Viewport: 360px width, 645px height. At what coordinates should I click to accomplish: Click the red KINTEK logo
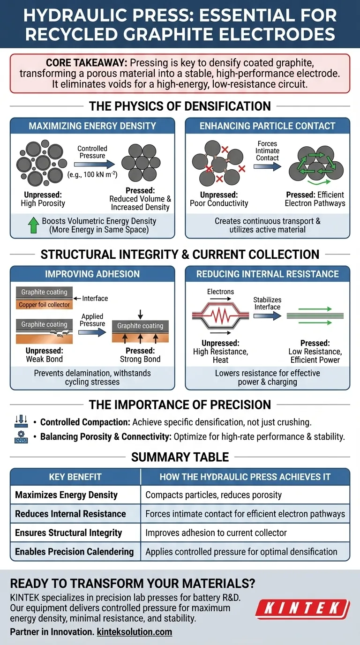(x=302, y=608)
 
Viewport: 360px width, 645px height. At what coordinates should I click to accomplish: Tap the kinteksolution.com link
(x=134, y=632)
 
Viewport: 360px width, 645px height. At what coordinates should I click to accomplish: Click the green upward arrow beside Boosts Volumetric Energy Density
(x=33, y=225)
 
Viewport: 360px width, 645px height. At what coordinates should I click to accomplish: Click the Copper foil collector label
(x=44, y=305)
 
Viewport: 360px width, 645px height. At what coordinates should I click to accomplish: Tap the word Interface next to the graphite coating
(x=95, y=298)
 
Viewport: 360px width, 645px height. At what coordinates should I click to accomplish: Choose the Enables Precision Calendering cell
(x=75, y=551)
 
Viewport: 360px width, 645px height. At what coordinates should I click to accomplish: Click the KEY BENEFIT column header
(x=75, y=477)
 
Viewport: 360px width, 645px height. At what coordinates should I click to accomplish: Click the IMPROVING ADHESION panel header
(x=92, y=274)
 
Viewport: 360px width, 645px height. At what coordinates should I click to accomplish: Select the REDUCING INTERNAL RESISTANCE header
(x=268, y=274)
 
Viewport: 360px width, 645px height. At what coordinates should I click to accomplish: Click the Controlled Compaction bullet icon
(x=21, y=422)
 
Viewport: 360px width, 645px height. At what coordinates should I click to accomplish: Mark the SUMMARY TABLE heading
(x=180, y=457)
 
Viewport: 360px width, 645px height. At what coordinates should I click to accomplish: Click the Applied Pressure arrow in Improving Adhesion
(x=92, y=332)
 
